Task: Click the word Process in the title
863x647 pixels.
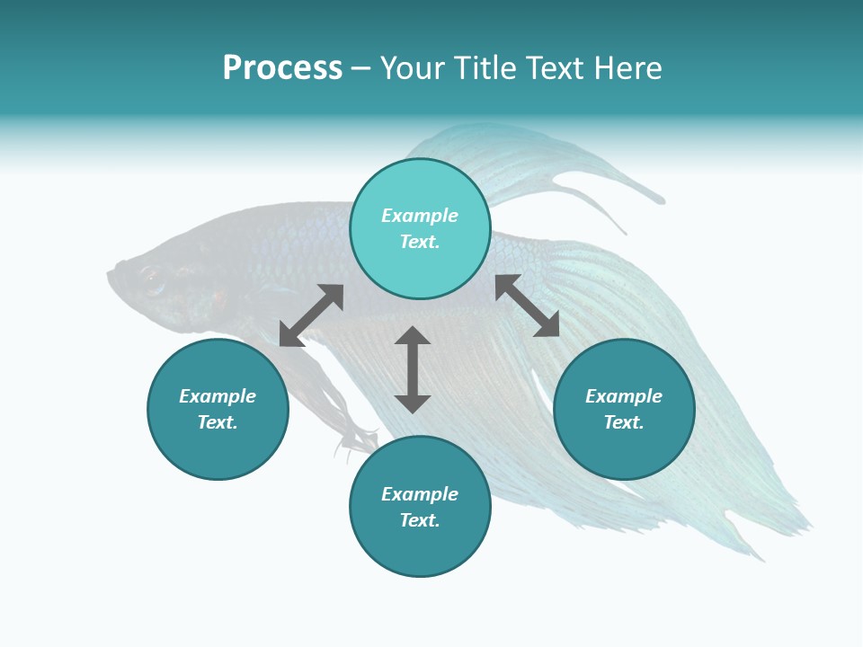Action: pyautogui.click(x=282, y=68)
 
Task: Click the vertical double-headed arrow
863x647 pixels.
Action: pyautogui.click(x=413, y=369)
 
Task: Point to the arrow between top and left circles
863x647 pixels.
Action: pyautogui.click(x=311, y=315)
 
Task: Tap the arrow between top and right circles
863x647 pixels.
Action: pyautogui.click(x=527, y=306)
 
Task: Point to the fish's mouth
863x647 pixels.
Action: pyautogui.click(x=113, y=270)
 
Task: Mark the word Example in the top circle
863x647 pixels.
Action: pyautogui.click(x=420, y=216)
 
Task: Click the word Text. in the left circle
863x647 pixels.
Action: pyautogui.click(x=218, y=422)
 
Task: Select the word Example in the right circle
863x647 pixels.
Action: pyautogui.click(x=624, y=396)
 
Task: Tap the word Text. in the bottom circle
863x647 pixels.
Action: pyautogui.click(x=420, y=520)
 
